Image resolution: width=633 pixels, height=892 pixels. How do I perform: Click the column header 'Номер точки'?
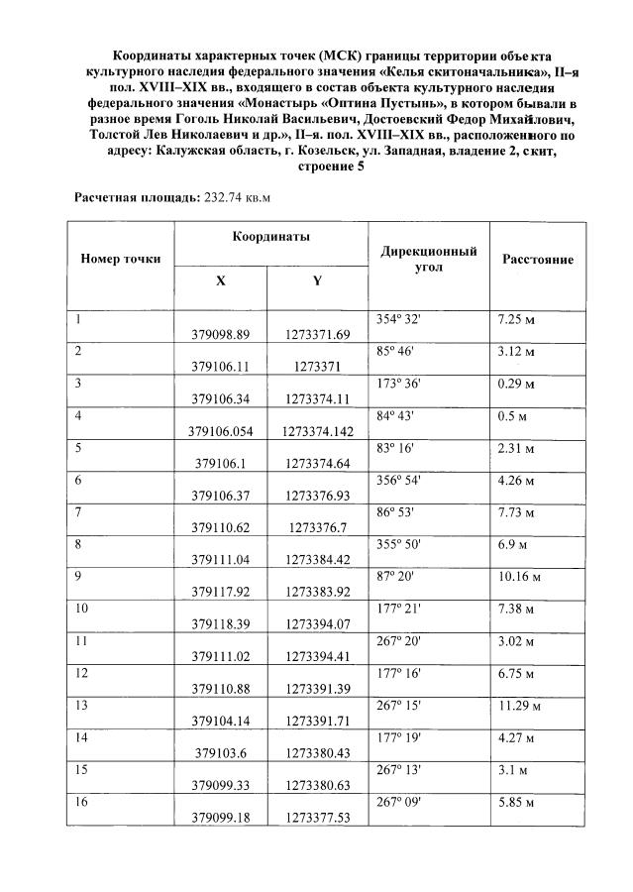[x=120, y=259]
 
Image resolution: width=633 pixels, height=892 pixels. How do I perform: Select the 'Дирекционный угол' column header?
[x=429, y=259]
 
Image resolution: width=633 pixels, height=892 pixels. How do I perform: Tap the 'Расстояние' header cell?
[x=538, y=259]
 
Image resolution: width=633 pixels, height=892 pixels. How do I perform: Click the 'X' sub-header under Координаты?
[x=220, y=280]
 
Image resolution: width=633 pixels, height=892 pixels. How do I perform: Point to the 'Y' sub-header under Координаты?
[x=317, y=280]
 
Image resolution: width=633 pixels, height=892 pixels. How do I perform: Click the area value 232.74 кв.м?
[x=238, y=196]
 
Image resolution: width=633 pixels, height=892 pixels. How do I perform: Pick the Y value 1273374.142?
[x=317, y=431]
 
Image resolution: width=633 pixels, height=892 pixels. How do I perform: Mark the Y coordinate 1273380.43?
[x=317, y=751]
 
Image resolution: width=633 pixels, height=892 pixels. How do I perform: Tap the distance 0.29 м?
[x=515, y=384]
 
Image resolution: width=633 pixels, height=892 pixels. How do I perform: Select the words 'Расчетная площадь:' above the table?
[x=138, y=196]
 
